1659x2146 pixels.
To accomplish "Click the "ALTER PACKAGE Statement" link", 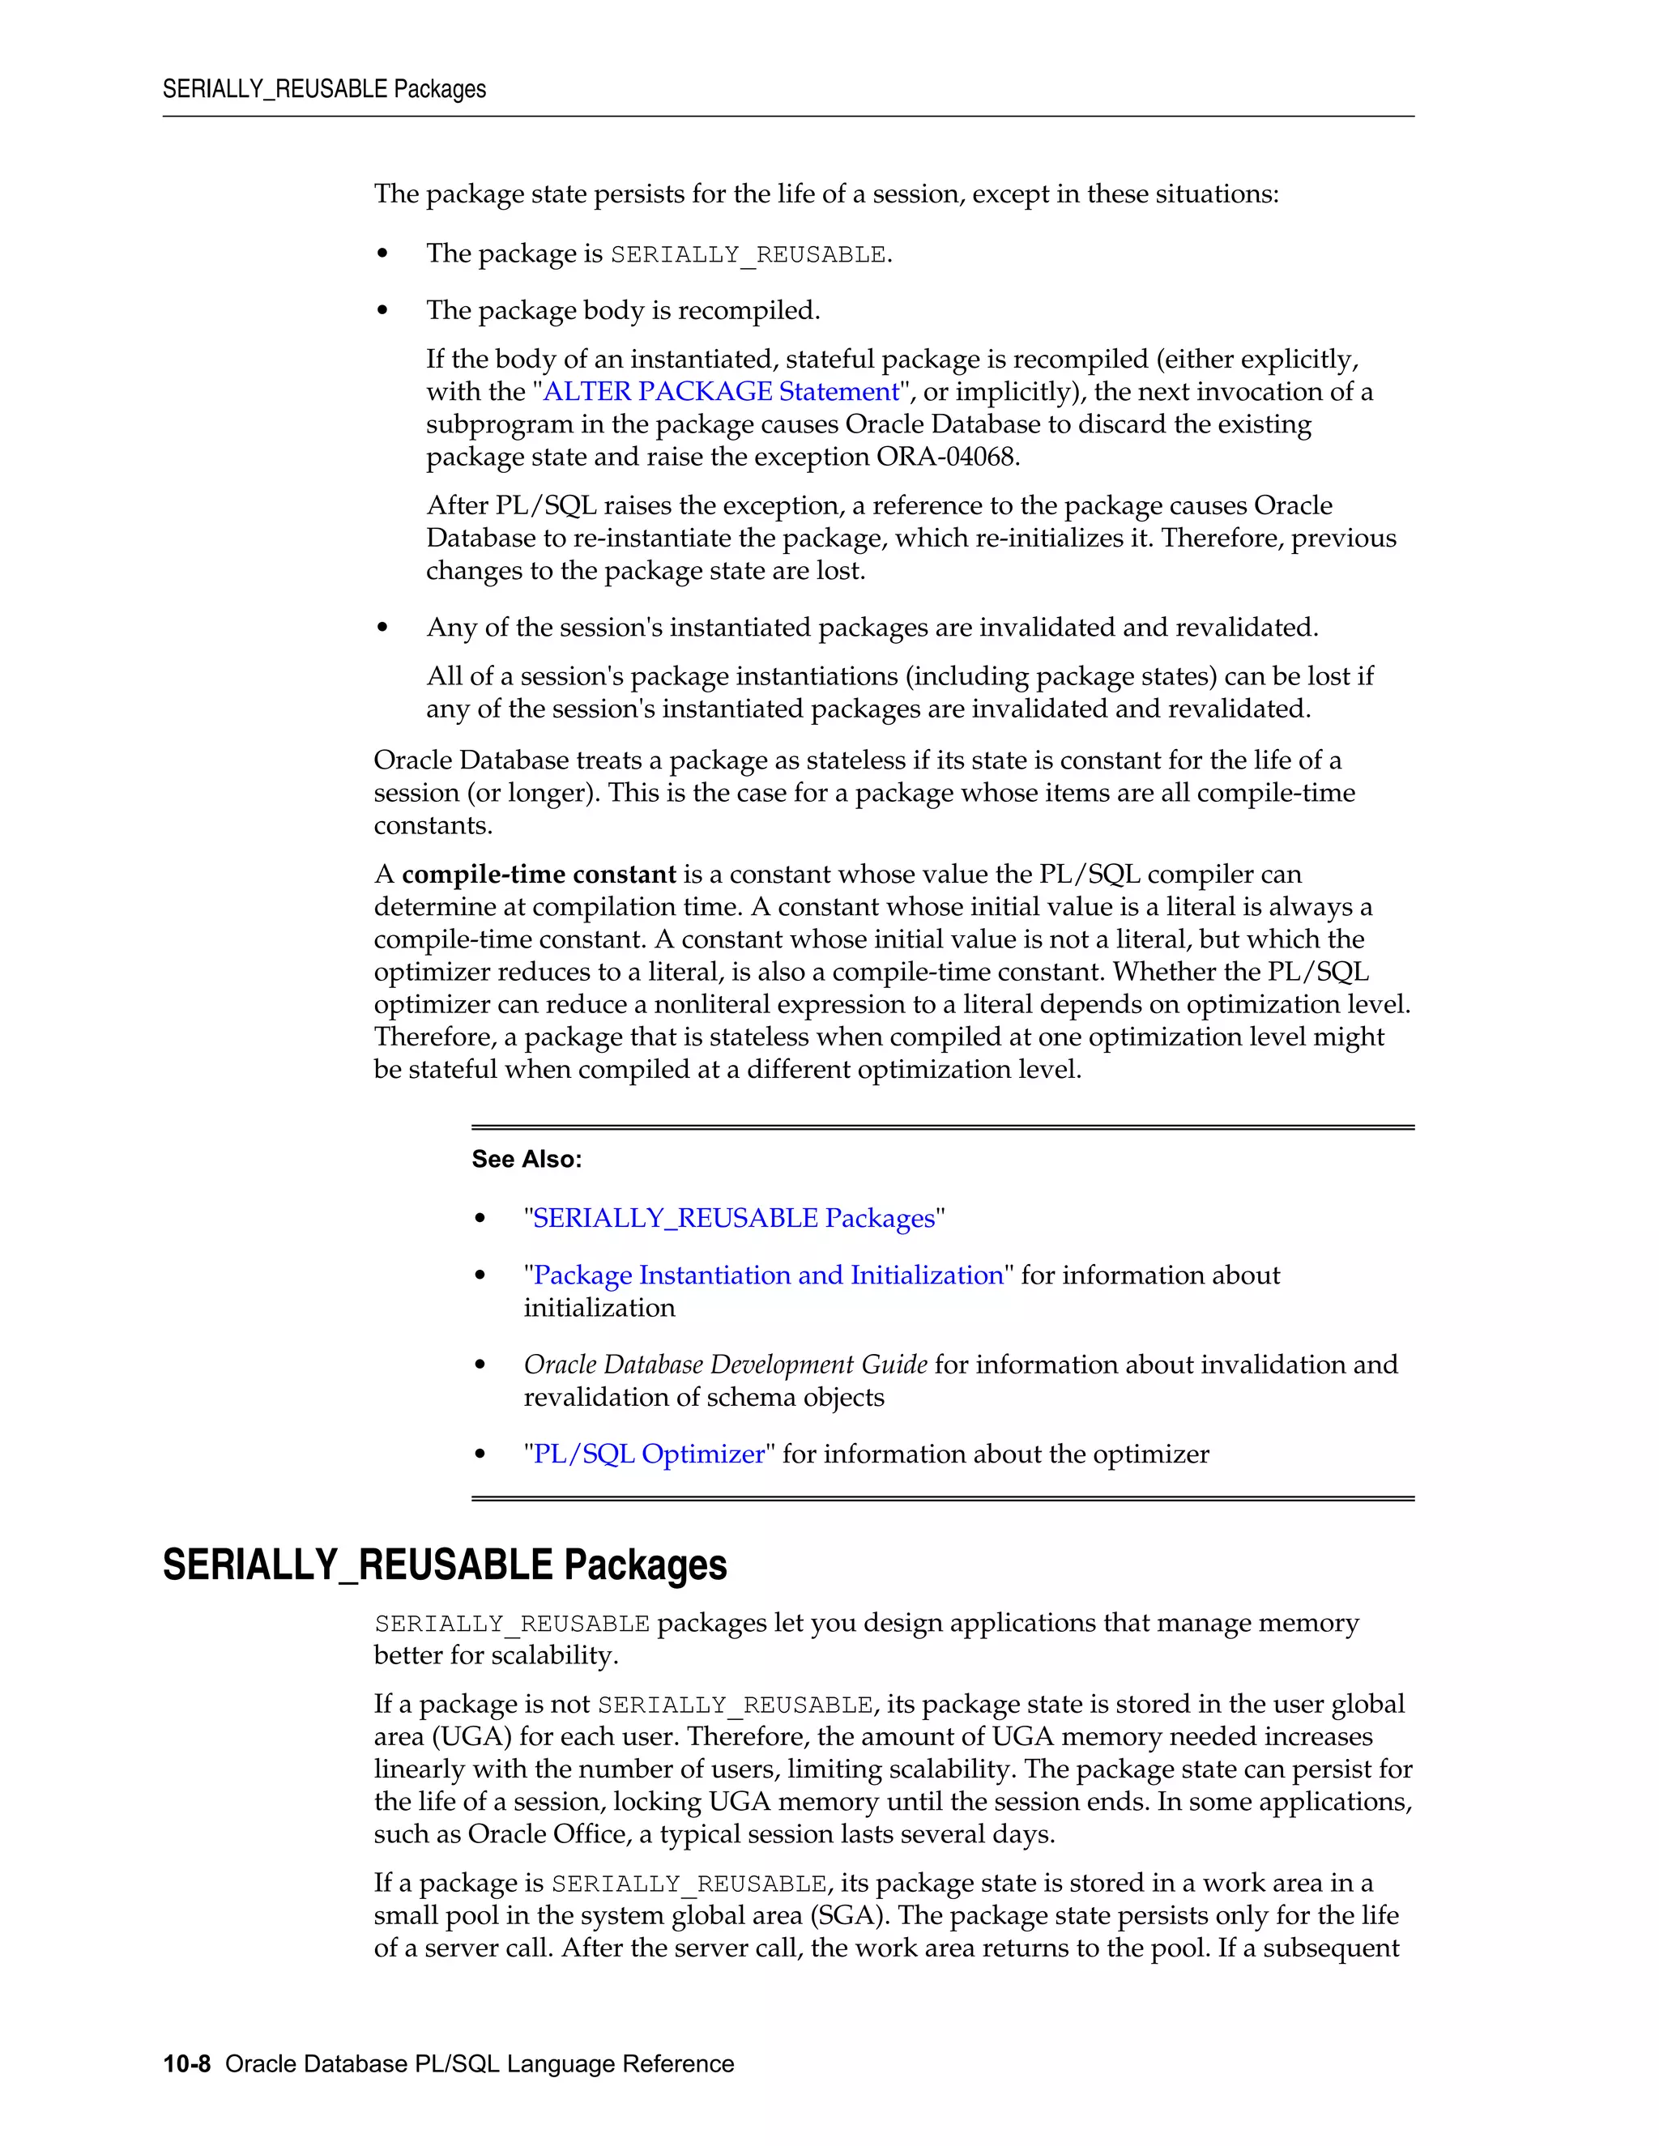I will point(720,391).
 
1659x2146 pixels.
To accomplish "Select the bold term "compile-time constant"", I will point(539,875).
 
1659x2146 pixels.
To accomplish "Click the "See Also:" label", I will point(527,1160).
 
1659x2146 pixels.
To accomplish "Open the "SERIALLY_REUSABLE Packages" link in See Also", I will point(733,1219).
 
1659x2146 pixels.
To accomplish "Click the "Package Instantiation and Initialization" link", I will point(768,1275).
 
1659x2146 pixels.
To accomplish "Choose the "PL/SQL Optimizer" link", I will point(649,1454).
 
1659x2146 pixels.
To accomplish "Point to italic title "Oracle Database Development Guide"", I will point(725,1365).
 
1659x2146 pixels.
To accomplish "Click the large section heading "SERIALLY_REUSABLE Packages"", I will point(444,1565).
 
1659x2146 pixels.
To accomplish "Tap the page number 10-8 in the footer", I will point(187,2064).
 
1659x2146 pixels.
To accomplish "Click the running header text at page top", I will point(324,89).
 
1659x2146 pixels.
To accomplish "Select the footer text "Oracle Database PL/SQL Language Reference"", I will point(480,2064).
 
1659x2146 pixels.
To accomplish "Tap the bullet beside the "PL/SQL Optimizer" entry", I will point(480,1455).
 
